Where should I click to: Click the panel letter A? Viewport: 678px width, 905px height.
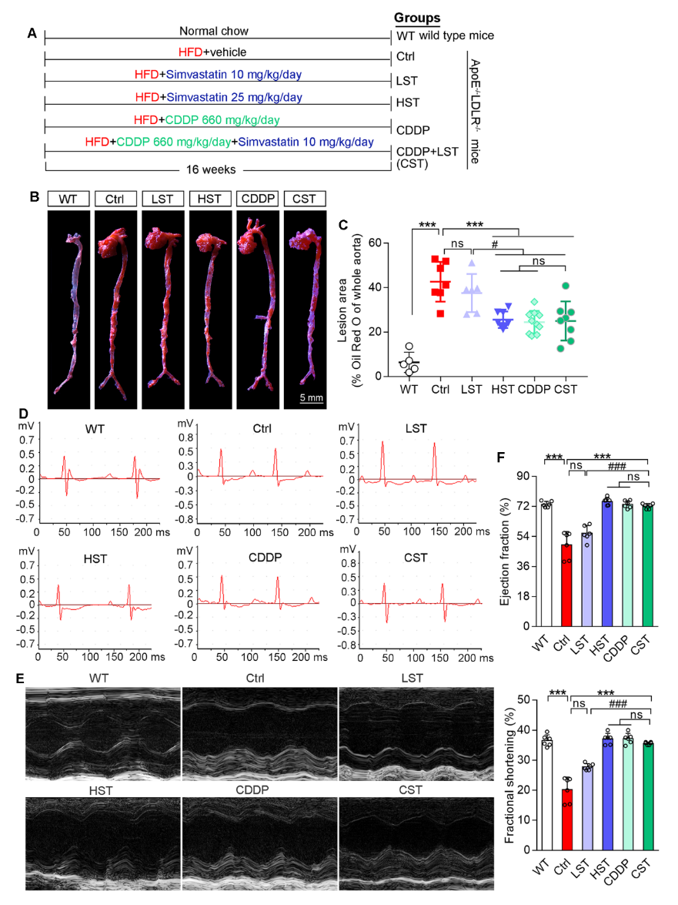coord(32,33)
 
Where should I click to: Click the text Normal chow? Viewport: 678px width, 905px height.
coord(214,32)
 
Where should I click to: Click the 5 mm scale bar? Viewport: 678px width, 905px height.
coord(311,398)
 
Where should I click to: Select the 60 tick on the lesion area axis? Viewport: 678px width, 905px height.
coord(378,243)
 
